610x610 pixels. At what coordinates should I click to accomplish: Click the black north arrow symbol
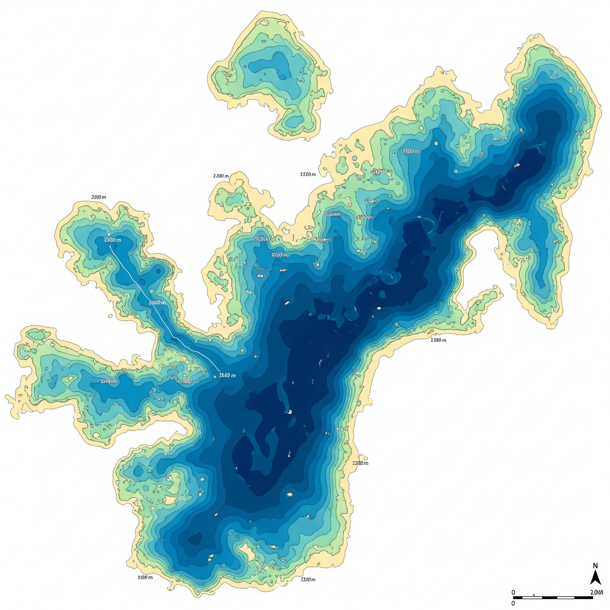595,578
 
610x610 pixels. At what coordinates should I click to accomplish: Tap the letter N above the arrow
595,566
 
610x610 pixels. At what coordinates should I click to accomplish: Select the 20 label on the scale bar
596,592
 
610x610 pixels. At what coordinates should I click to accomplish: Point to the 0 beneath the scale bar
513,603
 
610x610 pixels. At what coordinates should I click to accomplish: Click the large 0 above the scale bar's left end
513,592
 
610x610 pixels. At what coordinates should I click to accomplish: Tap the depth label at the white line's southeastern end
227,375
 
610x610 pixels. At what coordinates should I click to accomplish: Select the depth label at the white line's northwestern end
112,240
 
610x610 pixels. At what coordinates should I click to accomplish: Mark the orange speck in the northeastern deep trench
517,165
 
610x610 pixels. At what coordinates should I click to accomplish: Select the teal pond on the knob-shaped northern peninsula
234,199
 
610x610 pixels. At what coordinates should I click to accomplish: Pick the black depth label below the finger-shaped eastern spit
438,340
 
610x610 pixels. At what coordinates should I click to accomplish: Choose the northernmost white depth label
411,151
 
